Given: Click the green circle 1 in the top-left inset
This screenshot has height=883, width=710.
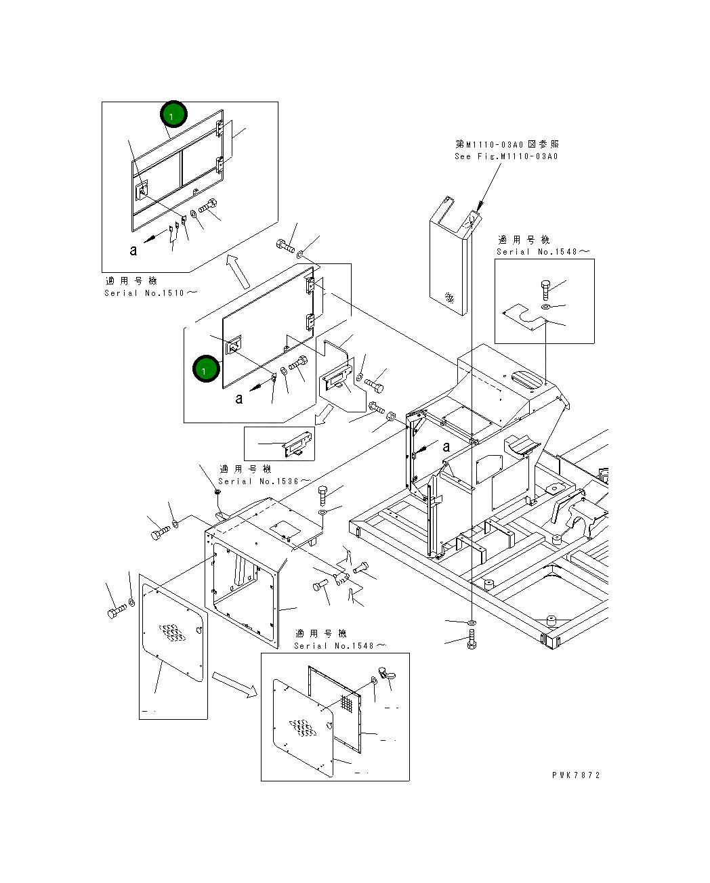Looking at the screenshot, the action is [173, 114].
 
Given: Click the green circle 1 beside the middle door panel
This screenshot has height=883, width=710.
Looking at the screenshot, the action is [206, 368].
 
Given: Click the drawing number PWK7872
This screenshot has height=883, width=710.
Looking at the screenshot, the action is [576, 775].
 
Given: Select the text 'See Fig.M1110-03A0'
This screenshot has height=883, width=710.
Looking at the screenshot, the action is [506, 156].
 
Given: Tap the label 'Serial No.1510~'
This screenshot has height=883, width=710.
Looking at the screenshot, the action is [150, 293].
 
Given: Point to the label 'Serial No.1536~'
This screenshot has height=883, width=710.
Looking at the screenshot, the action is [264, 481].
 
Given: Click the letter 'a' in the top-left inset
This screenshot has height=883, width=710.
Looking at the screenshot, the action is [133, 251].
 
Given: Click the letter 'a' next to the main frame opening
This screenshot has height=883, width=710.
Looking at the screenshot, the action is [446, 446].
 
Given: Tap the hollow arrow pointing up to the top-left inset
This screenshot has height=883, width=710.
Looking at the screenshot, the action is [238, 271].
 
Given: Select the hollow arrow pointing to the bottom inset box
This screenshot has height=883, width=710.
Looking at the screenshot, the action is [235, 685].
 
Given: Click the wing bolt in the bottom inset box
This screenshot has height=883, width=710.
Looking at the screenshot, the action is [387, 673].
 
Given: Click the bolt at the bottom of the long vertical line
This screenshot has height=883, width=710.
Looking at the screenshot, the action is [472, 641].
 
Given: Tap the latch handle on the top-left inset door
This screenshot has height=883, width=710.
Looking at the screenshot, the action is [142, 191].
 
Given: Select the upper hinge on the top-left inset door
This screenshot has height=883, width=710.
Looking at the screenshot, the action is [220, 129].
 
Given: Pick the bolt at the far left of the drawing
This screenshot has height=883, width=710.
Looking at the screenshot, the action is [117, 611].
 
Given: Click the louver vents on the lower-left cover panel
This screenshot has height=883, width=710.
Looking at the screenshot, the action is [173, 632].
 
